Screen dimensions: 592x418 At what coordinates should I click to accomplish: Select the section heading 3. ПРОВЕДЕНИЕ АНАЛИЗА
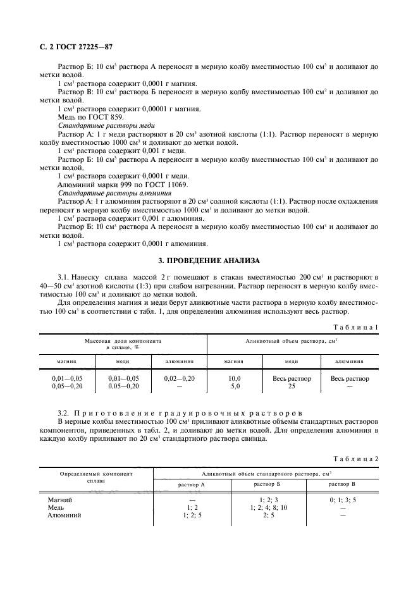(209, 261)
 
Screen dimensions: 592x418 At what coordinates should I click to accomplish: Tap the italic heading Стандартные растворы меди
(102, 126)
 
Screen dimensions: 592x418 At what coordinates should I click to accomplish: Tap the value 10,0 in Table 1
(234, 378)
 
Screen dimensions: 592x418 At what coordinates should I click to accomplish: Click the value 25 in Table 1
(292, 386)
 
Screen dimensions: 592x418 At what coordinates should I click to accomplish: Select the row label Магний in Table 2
(61, 500)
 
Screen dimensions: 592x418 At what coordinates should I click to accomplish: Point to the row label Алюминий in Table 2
(65, 515)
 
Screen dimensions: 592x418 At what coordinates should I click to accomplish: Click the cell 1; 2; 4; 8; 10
(268, 508)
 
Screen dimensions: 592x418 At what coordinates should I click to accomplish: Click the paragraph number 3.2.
(65, 412)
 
